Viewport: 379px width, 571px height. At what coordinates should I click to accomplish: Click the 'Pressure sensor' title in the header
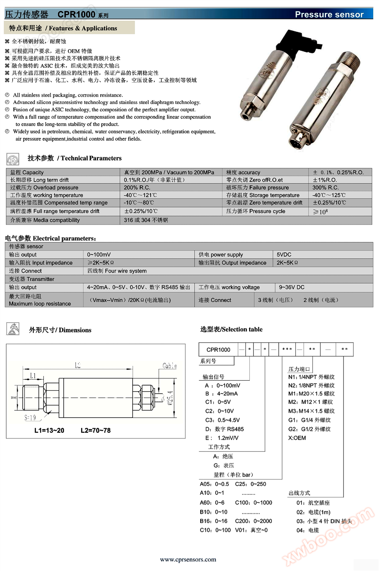coord(329,14)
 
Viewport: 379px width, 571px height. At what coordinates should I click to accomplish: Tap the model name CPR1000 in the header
coord(76,14)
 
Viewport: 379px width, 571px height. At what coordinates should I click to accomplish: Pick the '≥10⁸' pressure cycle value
coord(320,212)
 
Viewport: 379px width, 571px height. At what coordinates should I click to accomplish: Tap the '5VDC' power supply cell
coord(284,255)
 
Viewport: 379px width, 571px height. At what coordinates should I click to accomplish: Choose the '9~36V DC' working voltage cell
coord(292,287)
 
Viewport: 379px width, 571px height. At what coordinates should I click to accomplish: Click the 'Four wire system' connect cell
coord(117,271)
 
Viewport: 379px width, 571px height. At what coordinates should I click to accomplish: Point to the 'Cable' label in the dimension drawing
coord(169,366)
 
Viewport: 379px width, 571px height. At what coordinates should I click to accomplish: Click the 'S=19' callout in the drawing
coord(30,418)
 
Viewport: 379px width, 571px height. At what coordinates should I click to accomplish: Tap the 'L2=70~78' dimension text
coord(95,431)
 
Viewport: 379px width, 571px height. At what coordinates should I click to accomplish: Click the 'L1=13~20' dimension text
coord(49,431)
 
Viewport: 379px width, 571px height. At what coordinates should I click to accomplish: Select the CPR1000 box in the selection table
coord(218,349)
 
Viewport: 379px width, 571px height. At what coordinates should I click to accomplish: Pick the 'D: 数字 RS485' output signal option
coord(225,429)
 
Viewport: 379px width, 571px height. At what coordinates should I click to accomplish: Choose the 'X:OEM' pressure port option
coord(297,438)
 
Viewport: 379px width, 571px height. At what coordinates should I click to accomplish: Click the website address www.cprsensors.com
coord(188,559)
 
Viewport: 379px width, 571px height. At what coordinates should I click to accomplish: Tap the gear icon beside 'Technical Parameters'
coord(13,159)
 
